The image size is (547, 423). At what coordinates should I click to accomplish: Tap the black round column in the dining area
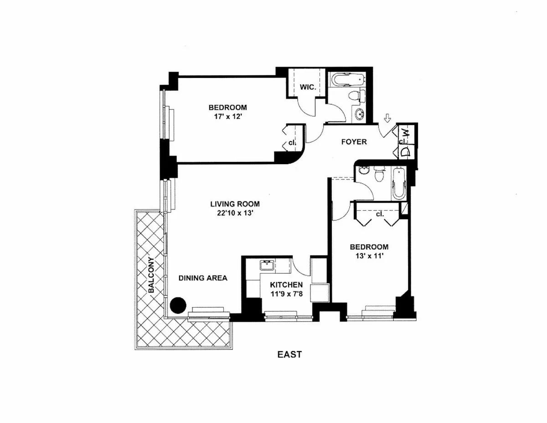178,304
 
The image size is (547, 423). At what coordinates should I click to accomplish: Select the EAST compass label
290,354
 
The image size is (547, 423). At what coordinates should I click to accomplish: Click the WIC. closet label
308,87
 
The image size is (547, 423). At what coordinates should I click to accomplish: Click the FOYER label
354,142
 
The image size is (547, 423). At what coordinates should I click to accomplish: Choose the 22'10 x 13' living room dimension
235,212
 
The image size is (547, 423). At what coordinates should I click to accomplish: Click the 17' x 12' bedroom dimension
227,116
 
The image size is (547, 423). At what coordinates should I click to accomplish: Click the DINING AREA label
203,277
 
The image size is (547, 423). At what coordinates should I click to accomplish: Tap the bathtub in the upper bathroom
347,80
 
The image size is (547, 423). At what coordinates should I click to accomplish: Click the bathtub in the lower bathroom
398,183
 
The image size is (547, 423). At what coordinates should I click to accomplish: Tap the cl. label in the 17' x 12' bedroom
291,143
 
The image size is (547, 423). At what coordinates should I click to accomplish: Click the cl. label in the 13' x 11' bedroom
379,214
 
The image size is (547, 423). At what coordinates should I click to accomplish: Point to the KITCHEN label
286,285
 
